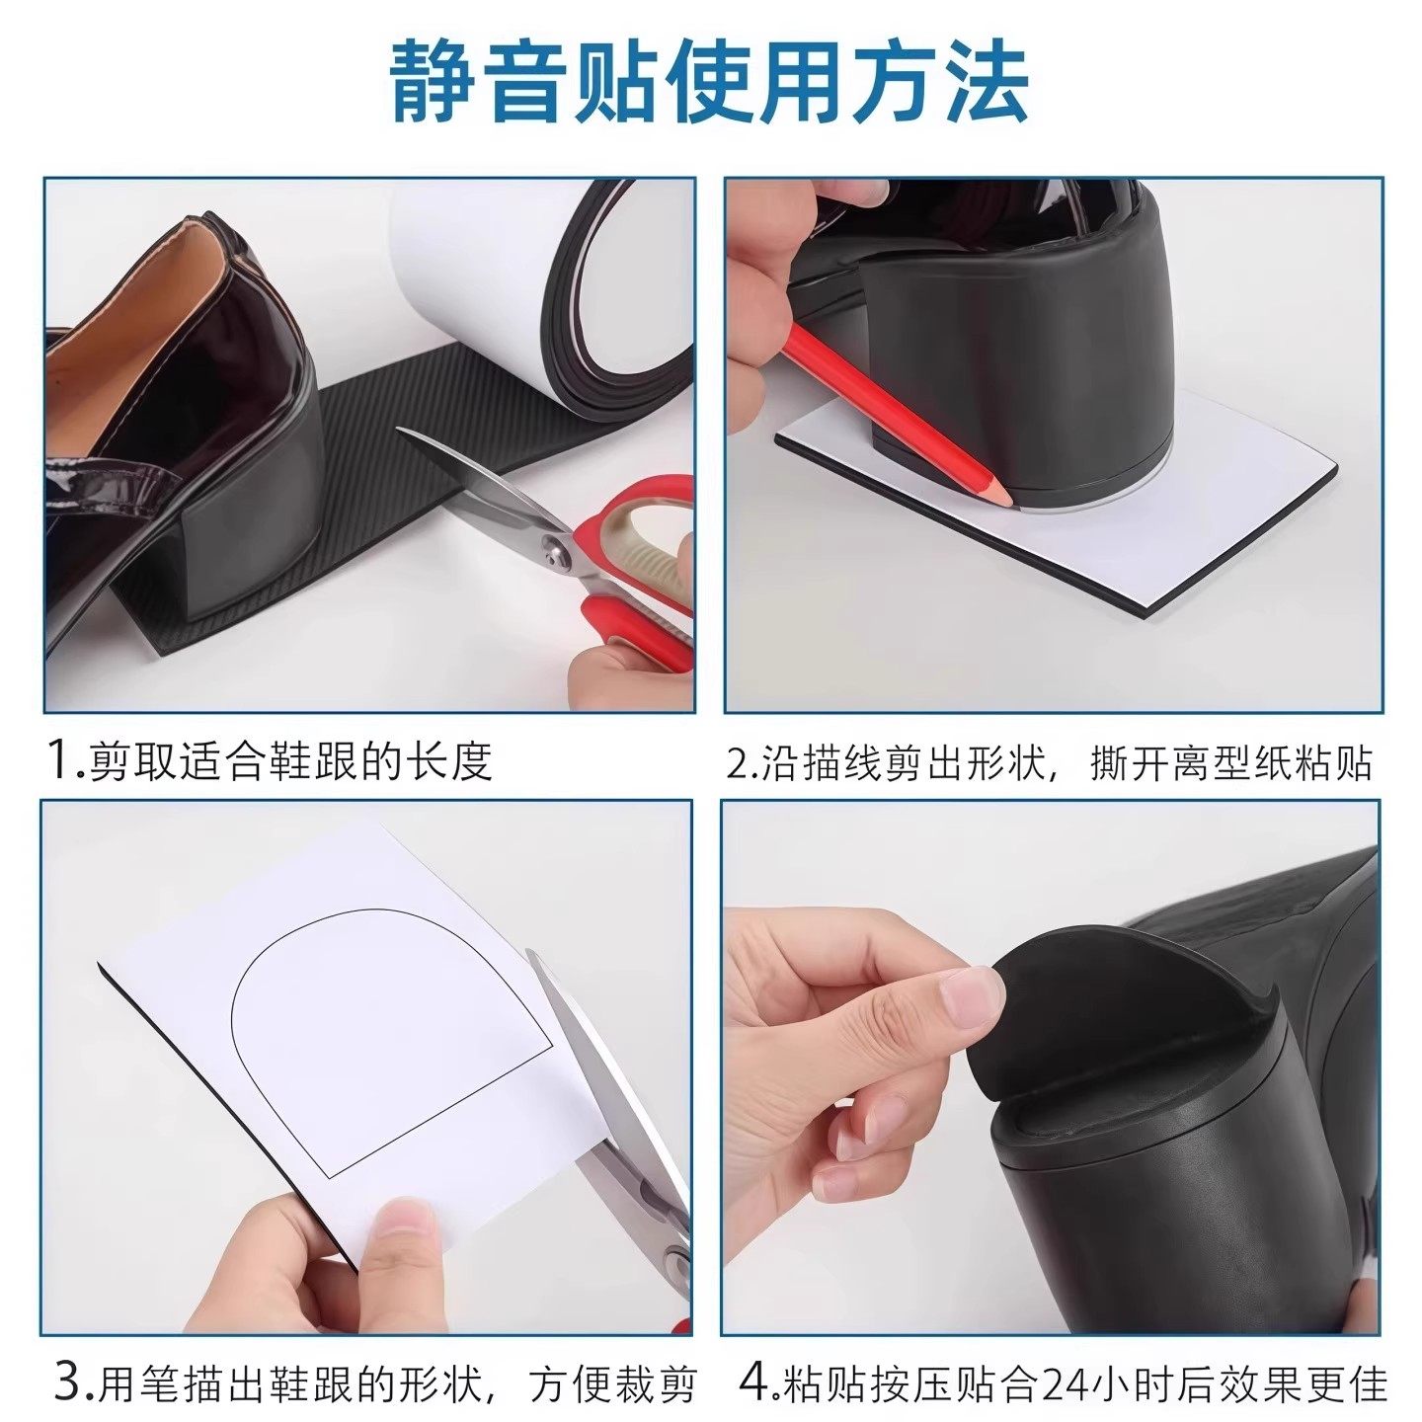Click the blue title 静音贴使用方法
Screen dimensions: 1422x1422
click(x=709, y=84)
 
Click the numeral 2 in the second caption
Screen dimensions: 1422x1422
click(x=740, y=762)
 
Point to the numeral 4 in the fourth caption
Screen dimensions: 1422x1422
click(x=754, y=1382)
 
